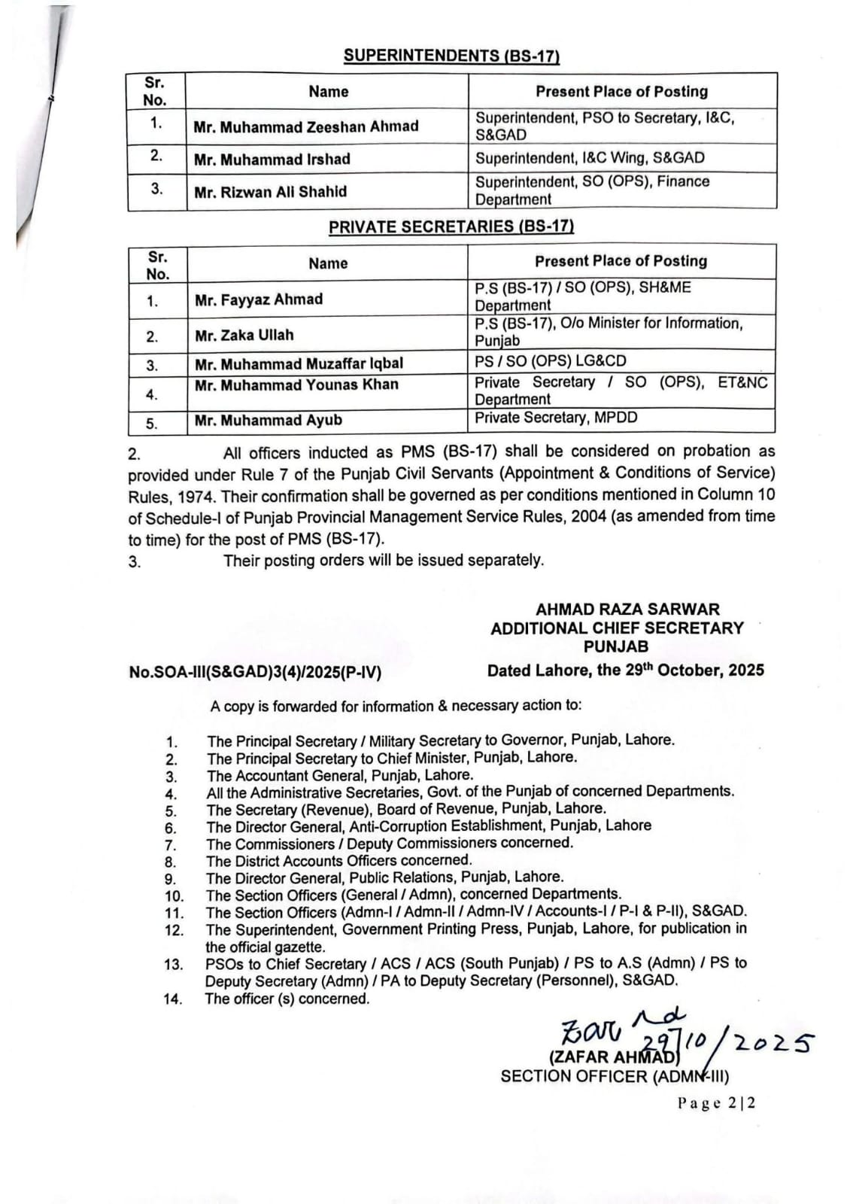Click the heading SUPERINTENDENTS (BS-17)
pos(451,56)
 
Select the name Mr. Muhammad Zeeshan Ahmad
pos(305,126)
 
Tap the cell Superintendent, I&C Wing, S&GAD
pos(590,158)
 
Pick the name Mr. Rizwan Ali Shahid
pos(270,192)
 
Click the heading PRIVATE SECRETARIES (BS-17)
pos(451,227)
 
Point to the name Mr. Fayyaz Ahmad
pos(258,299)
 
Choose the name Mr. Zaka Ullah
pos(244,335)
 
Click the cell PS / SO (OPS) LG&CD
pos(550,361)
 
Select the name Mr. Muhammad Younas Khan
pos(296,385)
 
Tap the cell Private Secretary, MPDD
pos(555,418)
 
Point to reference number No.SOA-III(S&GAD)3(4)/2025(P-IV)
pos(255,672)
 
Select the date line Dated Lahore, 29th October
pos(625,670)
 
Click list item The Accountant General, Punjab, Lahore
pos(340,775)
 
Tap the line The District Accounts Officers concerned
pos(339,860)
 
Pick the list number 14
pos(173,1000)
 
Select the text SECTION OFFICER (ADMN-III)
pos(615,1077)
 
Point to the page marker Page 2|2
pos(716,1103)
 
